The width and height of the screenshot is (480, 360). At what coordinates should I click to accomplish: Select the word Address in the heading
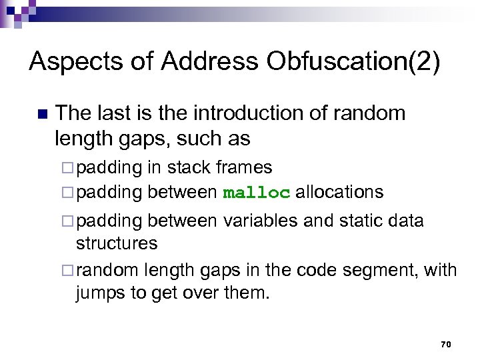[209, 62]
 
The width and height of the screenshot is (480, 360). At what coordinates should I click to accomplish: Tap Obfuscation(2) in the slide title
[353, 62]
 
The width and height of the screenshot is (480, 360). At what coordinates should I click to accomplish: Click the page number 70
[446, 344]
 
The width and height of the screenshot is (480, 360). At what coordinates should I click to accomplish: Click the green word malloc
[257, 193]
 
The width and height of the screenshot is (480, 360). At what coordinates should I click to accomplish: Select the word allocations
[339, 193]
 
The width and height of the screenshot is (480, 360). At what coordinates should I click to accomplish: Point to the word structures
[117, 243]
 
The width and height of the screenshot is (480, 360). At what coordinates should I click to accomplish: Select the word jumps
[99, 293]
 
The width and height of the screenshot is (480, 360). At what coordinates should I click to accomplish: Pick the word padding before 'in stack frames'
[109, 167]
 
